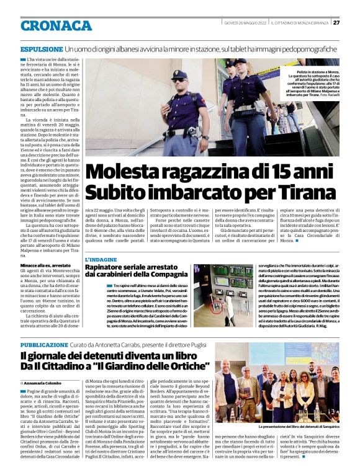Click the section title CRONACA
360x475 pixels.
point(56,25)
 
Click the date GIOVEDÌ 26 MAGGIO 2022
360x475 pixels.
point(246,22)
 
